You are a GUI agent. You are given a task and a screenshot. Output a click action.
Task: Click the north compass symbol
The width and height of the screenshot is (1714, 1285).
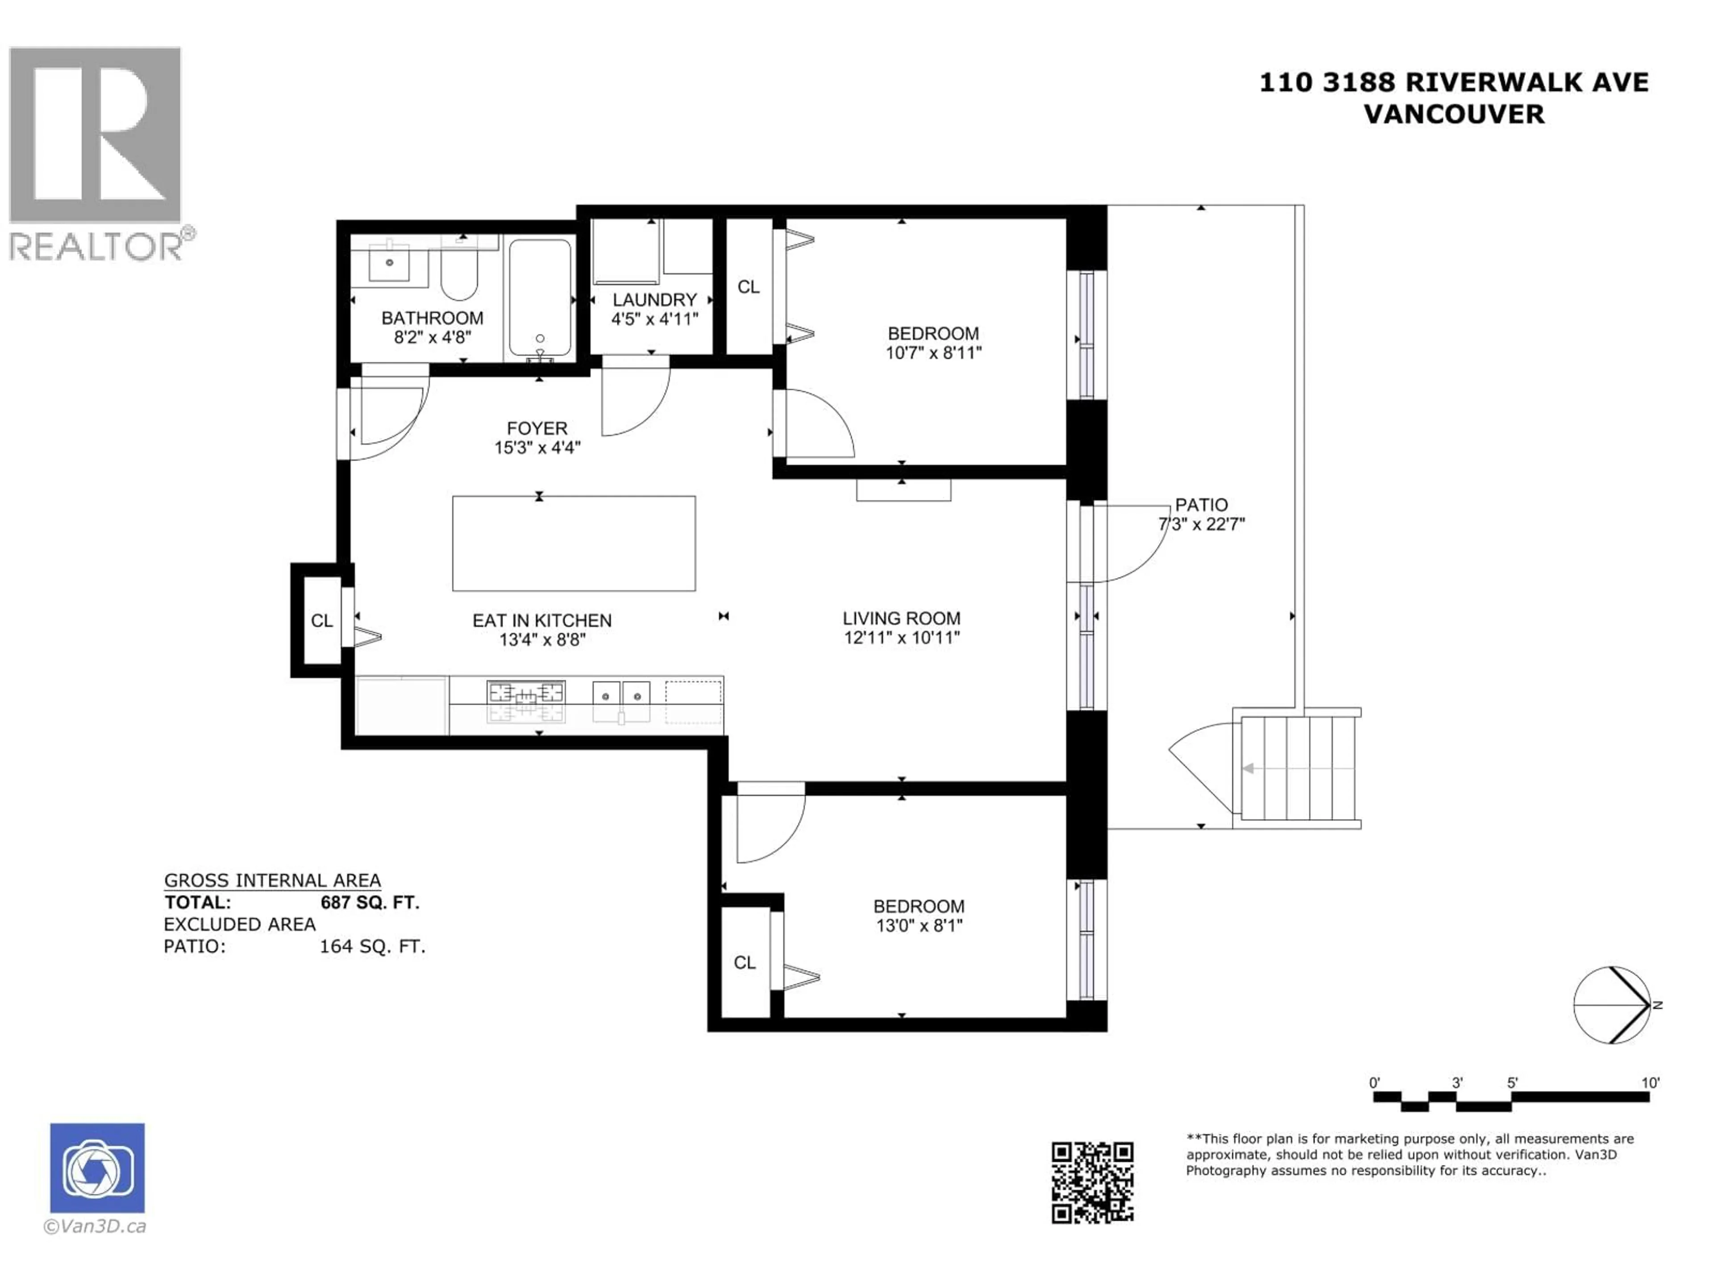coord(1613,1005)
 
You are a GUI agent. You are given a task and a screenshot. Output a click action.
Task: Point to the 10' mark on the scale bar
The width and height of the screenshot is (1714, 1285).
coord(1650,1083)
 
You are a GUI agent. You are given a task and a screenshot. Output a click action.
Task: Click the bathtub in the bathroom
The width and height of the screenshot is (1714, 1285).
coord(540,298)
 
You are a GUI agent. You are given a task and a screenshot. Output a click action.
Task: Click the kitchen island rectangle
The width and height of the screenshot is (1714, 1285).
coord(574,543)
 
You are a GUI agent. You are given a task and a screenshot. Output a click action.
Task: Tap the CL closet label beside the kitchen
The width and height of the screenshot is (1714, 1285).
coord(321,621)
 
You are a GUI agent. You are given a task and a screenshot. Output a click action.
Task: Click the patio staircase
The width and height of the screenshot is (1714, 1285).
coord(1298,767)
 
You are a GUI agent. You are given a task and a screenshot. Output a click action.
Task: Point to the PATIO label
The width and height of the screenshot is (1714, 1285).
coord(1201,505)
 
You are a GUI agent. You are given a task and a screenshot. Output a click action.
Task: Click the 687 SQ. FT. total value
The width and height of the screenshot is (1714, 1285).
coord(370,902)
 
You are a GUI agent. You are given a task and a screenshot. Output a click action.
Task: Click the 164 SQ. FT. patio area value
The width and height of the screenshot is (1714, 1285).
coord(373,946)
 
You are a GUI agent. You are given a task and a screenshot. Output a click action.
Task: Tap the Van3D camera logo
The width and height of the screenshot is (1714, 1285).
coord(97,1168)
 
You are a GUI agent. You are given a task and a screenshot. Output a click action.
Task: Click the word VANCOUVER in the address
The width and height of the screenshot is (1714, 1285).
coord(1454,115)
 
